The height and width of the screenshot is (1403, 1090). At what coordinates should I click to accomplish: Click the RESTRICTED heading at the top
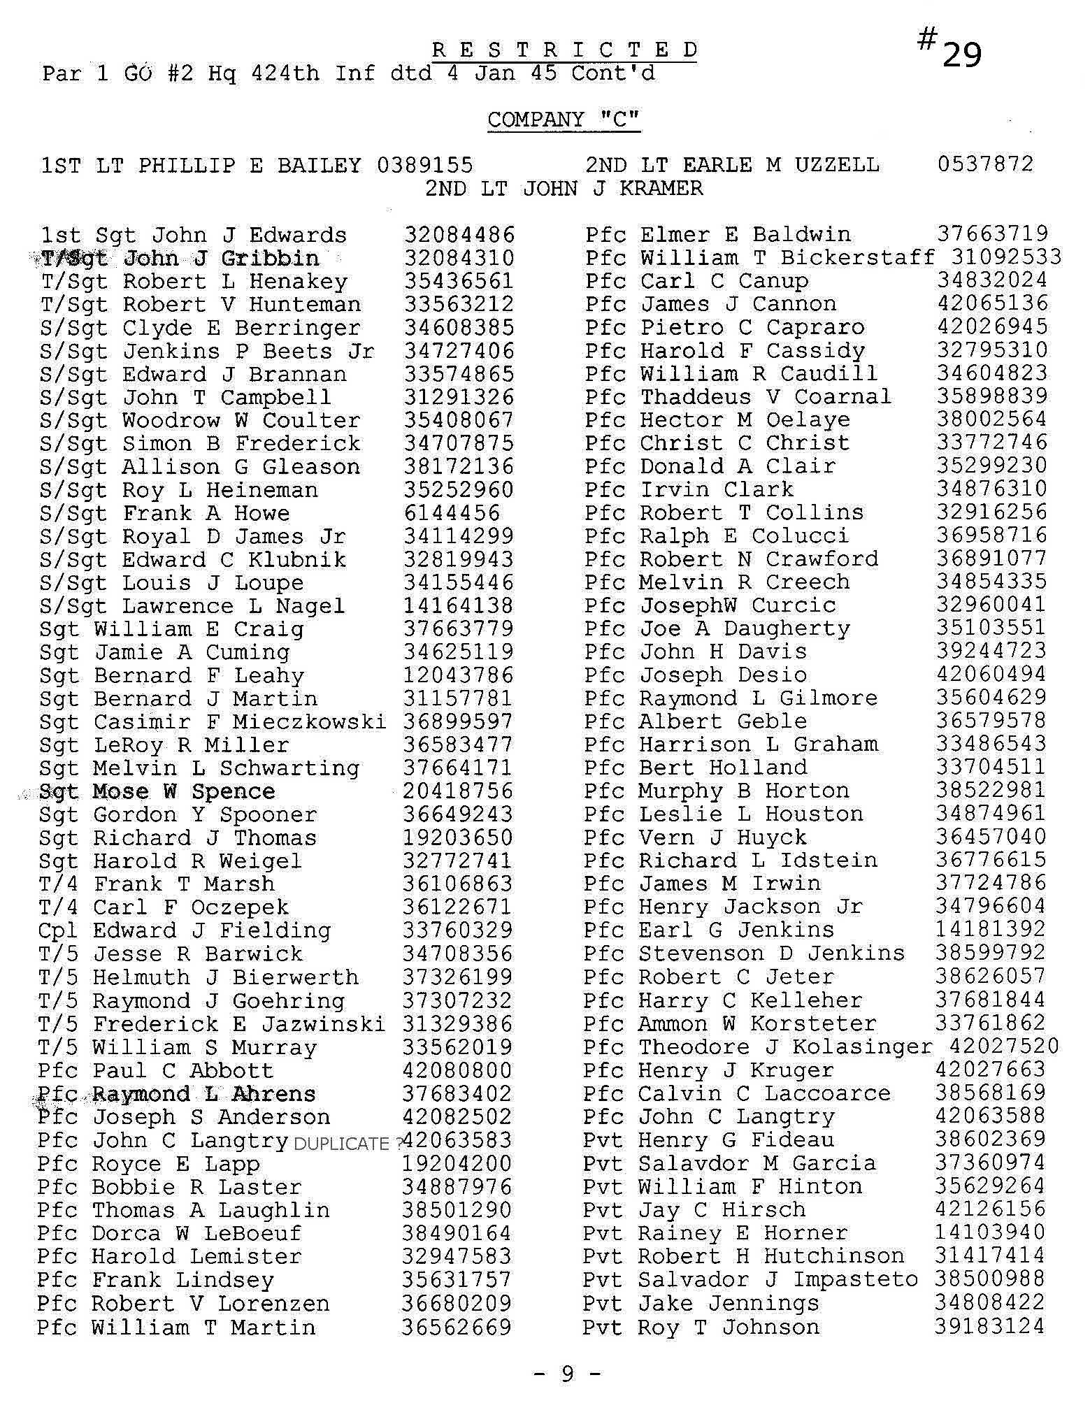click(x=564, y=50)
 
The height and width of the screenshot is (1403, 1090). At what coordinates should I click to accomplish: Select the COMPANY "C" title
click(x=564, y=120)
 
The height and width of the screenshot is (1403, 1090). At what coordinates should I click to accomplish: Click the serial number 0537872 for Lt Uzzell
click(x=984, y=164)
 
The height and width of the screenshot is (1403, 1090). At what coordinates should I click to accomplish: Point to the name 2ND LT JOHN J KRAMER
click(x=564, y=188)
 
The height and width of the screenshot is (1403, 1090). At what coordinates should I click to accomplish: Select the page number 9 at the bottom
click(x=567, y=1374)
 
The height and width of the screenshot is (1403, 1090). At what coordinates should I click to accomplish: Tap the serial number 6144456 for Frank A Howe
click(x=452, y=513)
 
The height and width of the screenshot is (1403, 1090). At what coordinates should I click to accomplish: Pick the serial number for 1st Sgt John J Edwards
click(x=459, y=235)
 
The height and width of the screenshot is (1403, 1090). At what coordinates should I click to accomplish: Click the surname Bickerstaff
click(x=857, y=257)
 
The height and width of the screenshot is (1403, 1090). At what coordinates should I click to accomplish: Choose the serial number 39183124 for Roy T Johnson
click(x=989, y=1326)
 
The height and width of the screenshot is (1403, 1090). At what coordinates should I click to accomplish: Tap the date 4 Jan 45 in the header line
click(x=501, y=73)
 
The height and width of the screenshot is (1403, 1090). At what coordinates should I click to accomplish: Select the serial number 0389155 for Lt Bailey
click(x=424, y=165)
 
